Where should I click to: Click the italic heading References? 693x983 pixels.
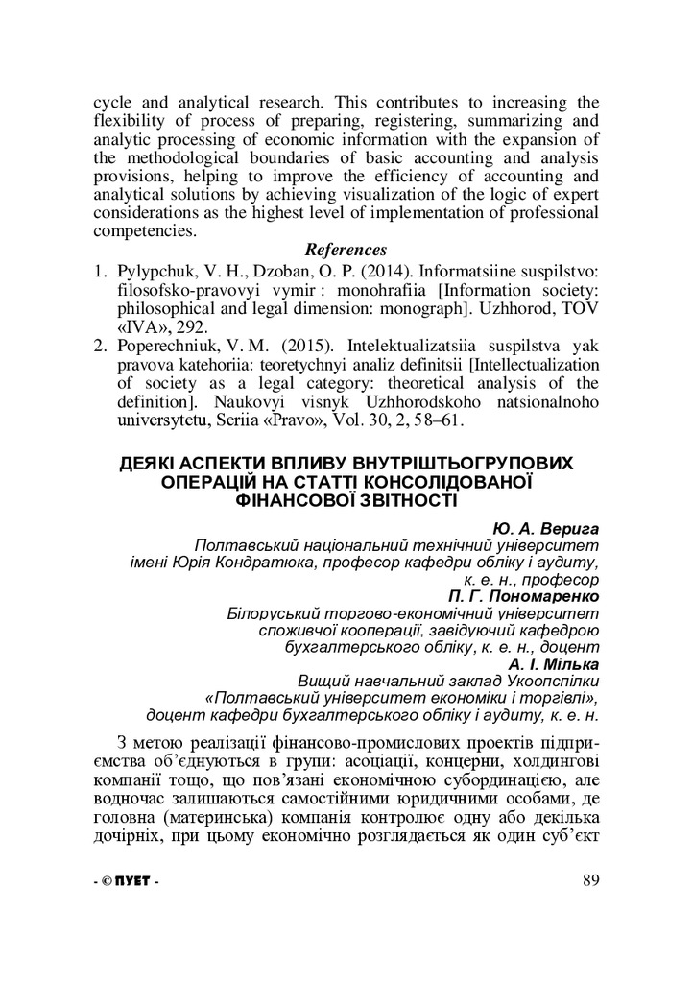pos(346,251)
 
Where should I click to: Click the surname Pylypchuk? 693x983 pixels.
pos(155,270)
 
